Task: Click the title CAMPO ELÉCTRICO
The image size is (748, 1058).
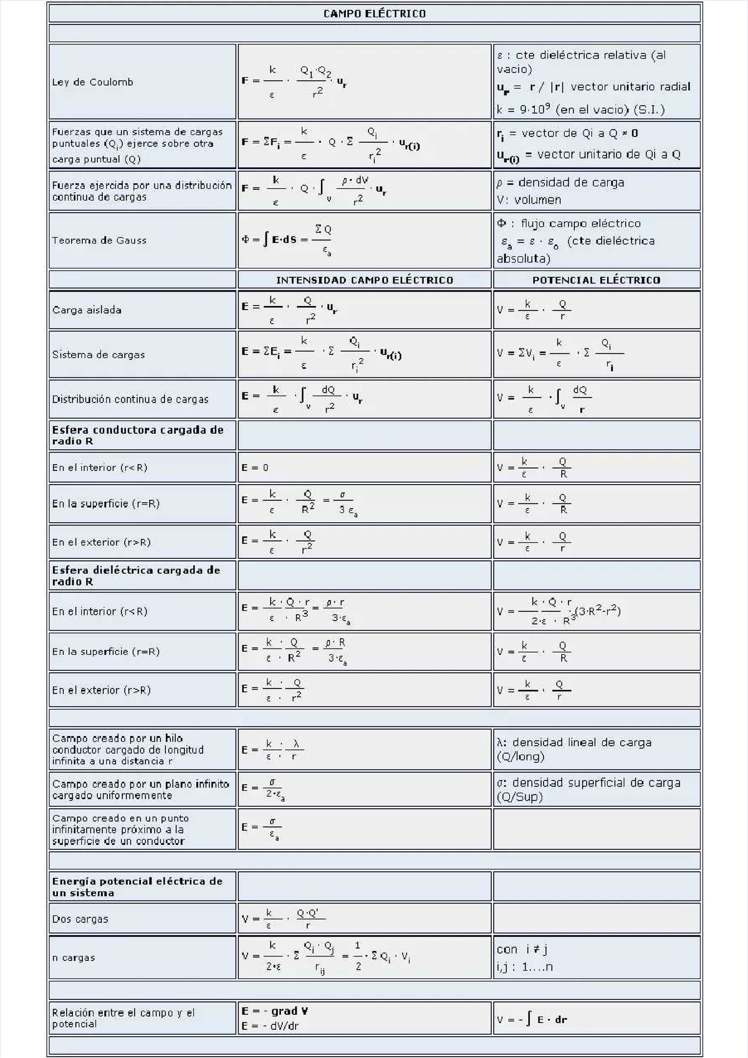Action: [374, 14]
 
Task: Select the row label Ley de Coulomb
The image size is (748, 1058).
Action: [92, 82]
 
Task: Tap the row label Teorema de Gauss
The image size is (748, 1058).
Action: [99, 241]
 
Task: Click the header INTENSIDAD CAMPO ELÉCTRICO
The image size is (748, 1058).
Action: [365, 280]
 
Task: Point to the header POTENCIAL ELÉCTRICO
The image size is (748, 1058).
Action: [596, 280]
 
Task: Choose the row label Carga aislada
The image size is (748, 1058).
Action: [87, 310]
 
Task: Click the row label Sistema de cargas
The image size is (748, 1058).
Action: [98, 355]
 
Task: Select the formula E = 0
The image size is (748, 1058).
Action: [255, 468]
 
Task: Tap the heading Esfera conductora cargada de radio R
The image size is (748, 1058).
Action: [137, 436]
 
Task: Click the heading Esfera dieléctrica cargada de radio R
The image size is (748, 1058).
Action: [136, 576]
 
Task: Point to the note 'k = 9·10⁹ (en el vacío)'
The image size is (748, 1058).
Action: [580, 110]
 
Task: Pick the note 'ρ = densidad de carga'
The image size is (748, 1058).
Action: [560, 183]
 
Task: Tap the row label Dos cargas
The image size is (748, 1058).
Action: [80, 919]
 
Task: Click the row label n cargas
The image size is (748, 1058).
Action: [74, 958]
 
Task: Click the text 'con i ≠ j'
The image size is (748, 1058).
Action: [522, 950]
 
